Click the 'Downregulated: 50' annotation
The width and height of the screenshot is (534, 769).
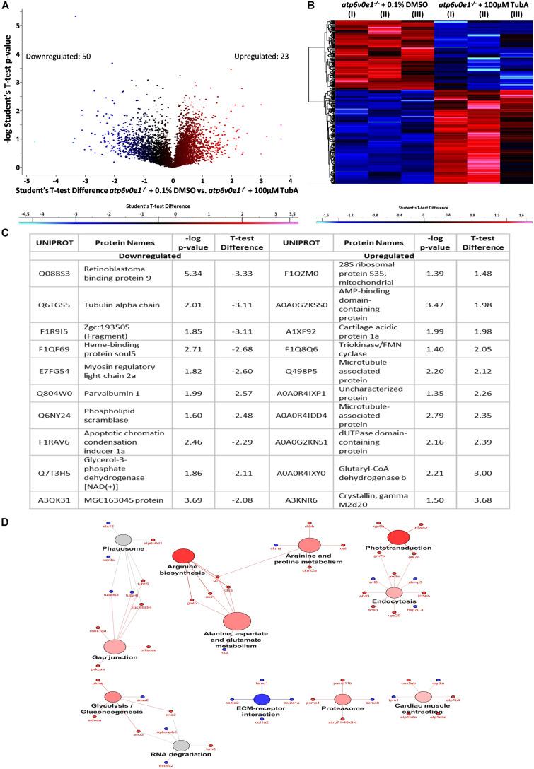pos(54,57)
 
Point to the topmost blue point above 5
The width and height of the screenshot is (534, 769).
pos(76,16)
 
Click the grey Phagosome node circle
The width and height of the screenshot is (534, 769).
pos(124,540)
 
